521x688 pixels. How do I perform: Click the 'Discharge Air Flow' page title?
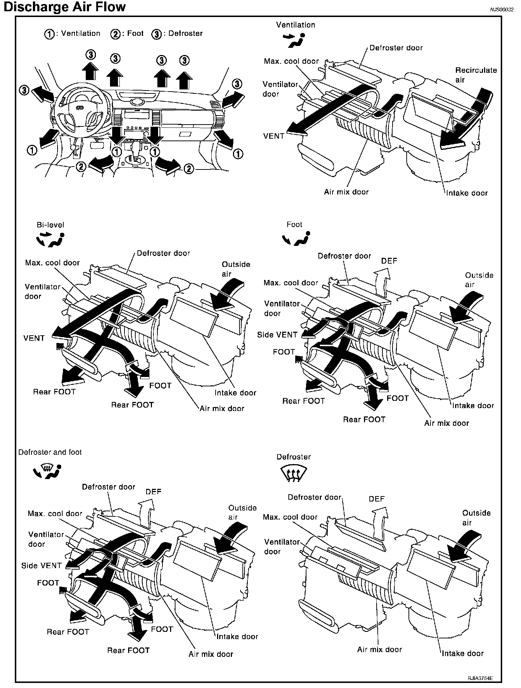[64, 7]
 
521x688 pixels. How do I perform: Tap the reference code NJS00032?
[502, 10]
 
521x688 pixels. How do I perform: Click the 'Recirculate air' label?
[476, 75]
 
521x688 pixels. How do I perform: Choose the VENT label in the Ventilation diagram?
[274, 136]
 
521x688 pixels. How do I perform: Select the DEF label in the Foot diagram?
[389, 260]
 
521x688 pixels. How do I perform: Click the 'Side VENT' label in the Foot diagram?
[277, 335]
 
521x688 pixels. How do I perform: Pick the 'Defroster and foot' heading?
[50, 452]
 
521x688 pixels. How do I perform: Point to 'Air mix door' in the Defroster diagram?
[380, 649]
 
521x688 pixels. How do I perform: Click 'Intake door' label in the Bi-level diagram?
[235, 393]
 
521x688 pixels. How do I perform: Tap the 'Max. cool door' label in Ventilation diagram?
[291, 61]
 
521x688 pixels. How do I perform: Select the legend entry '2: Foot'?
[127, 34]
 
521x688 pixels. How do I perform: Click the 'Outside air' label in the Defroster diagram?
[476, 518]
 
